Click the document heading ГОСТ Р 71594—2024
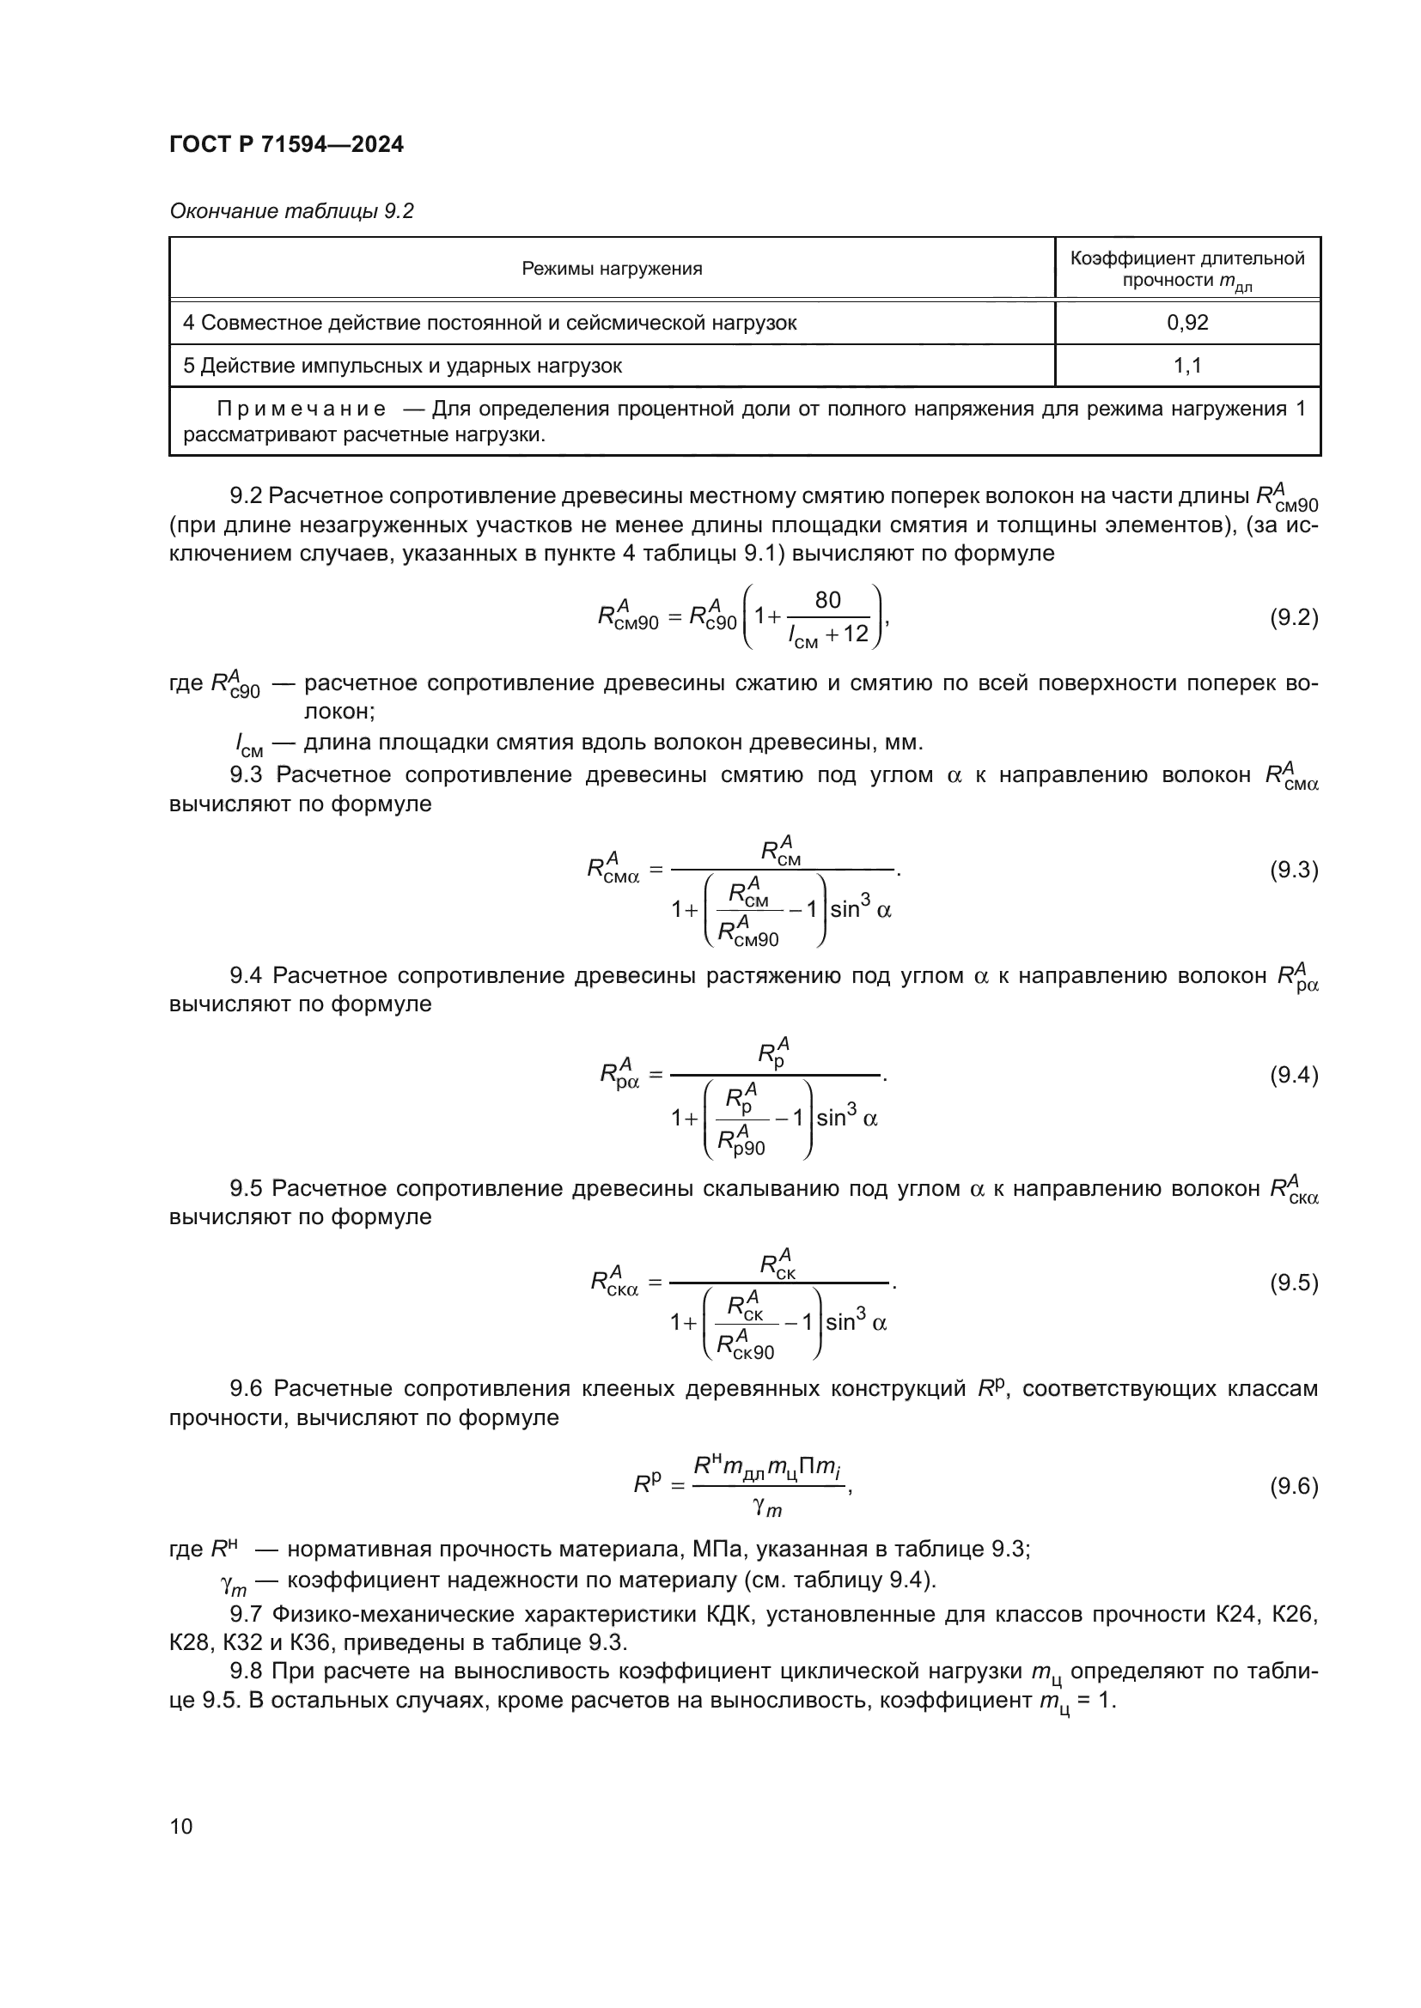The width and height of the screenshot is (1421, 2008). click(286, 144)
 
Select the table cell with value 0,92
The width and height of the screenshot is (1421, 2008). click(1186, 323)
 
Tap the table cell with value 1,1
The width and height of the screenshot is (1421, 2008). click(1186, 366)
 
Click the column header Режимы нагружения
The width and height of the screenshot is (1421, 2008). click(612, 269)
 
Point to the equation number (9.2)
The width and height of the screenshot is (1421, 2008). click(1293, 618)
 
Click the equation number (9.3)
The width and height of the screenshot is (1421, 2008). click(1293, 871)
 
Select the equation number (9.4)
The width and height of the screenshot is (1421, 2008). click(1293, 1075)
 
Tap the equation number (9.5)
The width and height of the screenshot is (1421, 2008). click(1293, 1283)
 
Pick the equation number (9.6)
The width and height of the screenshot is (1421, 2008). click(1293, 1486)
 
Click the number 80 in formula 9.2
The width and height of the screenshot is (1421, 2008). click(826, 600)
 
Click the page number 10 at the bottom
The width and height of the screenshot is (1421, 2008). click(181, 1826)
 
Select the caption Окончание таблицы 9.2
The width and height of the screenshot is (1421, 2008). click(291, 211)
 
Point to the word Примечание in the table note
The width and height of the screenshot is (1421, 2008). click(301, 409)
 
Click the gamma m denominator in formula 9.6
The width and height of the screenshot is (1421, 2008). click(766, 1507)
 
